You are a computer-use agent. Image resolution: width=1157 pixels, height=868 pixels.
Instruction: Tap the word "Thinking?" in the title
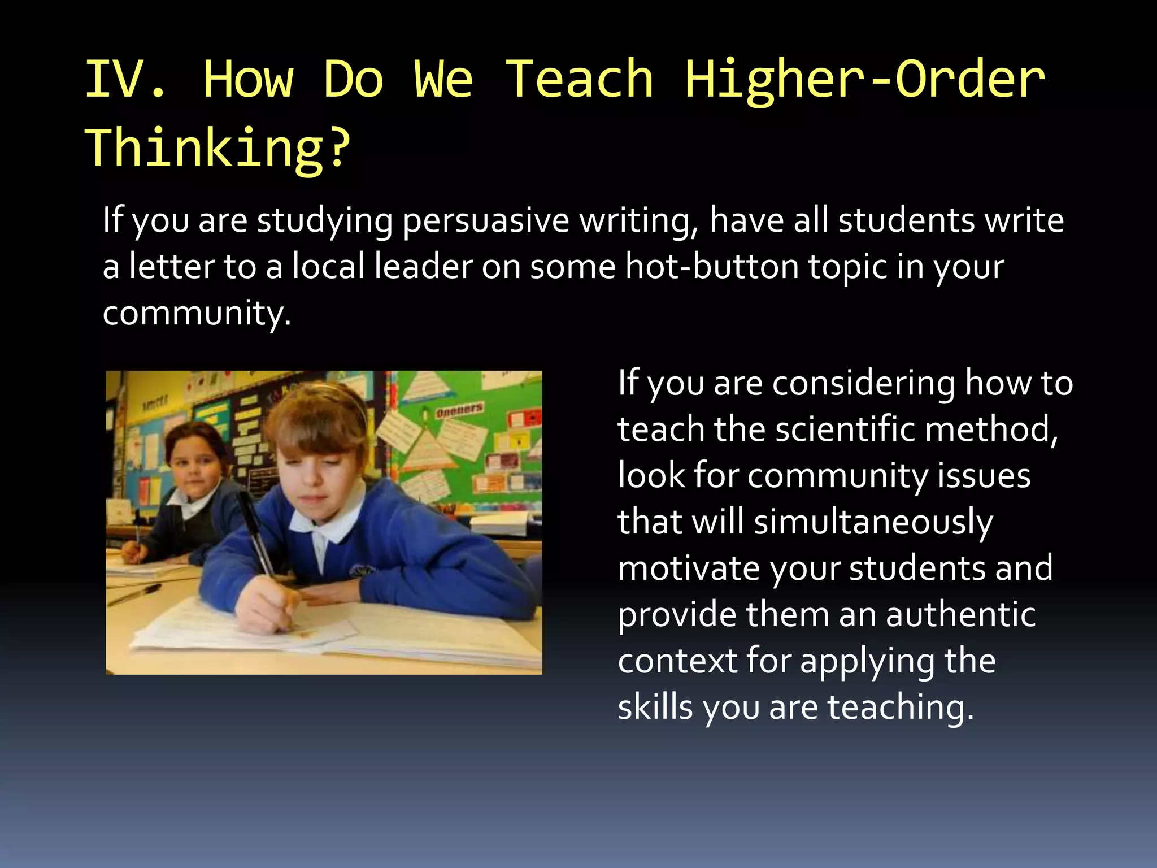pos(218,148)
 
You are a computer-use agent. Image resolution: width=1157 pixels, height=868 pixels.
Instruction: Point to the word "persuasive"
pos(485,220)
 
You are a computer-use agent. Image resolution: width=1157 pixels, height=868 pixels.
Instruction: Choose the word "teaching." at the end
pos(901,707)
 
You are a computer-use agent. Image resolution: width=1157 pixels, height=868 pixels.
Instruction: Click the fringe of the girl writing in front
pos(316,427)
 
